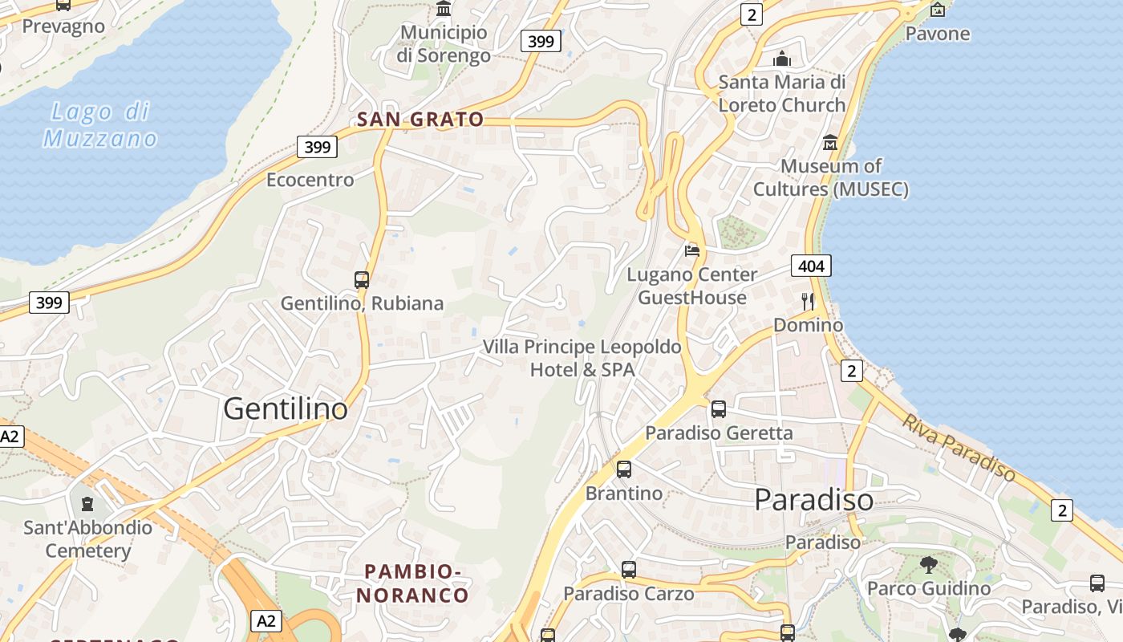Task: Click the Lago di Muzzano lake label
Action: (x=100, y=125)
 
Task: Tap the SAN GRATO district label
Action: (x=420, y=120)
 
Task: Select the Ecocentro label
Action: (x=310, y=180)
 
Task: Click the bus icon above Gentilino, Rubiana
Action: (x=362, y=279)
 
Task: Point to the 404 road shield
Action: (x=811, y=266)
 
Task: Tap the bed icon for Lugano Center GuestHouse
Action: (x=692, y=250)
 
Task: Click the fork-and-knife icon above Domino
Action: (x=808, y=301)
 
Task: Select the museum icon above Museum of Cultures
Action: (x=830, y=143)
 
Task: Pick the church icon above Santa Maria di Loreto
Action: (x=782, y=59)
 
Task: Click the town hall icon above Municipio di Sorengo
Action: (x=444, y=9)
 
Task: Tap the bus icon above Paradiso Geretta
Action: (x=719, y=409)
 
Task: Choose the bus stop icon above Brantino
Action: (x=624, y=469)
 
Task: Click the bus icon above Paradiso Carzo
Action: (x=629, y=570)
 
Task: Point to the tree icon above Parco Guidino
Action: (x=929, y=564)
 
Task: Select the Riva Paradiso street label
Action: (x=958, y=448)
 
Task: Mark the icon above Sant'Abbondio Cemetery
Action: (x=87, y=504)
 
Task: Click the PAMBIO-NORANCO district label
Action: (x=413, y=583)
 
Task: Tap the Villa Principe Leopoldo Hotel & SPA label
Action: (x=582, y=358)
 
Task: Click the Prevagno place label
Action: (x=63, y=26)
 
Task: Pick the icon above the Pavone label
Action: (x=937, y=10)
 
